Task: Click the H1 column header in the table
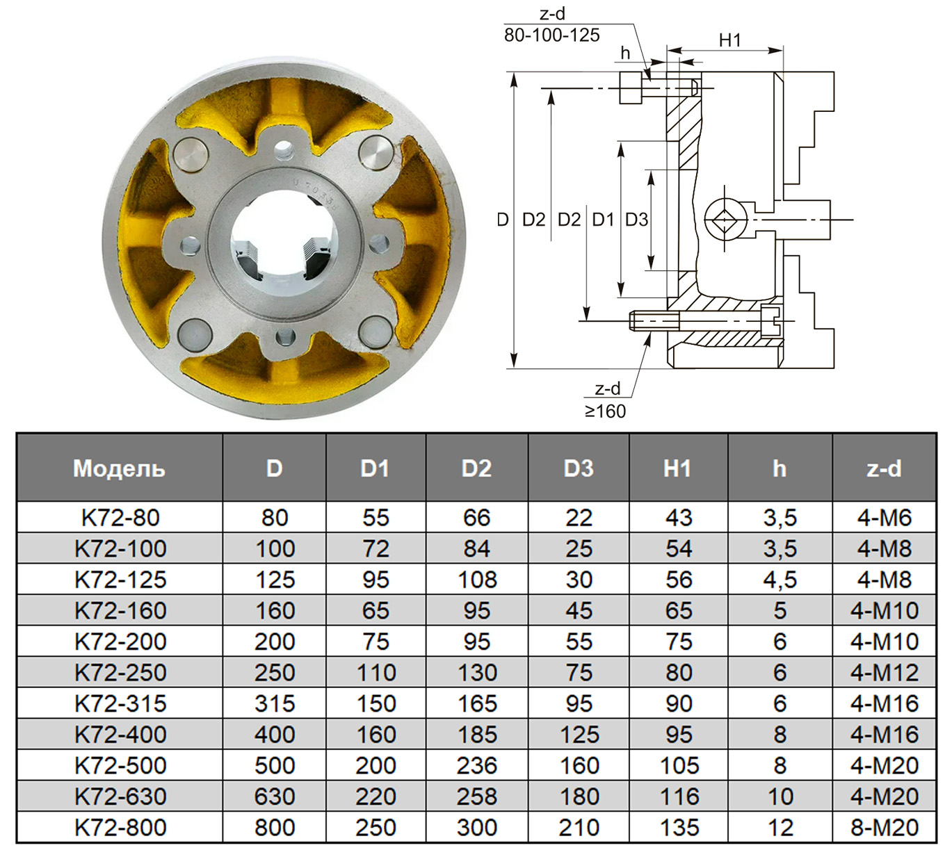(677, 468)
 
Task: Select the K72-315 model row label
(120, 703)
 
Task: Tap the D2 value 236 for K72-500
(476, 765)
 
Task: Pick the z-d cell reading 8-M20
(885, 828)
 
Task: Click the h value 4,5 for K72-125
(780, 580)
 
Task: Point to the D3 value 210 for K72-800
(579, 828)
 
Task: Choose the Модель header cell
(120, 468)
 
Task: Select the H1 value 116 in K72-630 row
(679, 796)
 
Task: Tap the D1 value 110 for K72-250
(376, 673)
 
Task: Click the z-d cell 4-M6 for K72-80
(885, 518)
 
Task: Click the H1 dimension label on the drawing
(729, 40)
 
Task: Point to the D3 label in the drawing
(636, 220)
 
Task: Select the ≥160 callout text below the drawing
(605, 411)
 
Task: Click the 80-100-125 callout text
(551, 35)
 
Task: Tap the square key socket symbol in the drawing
(726, 220)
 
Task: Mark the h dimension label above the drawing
(625, 53)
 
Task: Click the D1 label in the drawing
(603, 220)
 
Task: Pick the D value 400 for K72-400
(275, 735)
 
